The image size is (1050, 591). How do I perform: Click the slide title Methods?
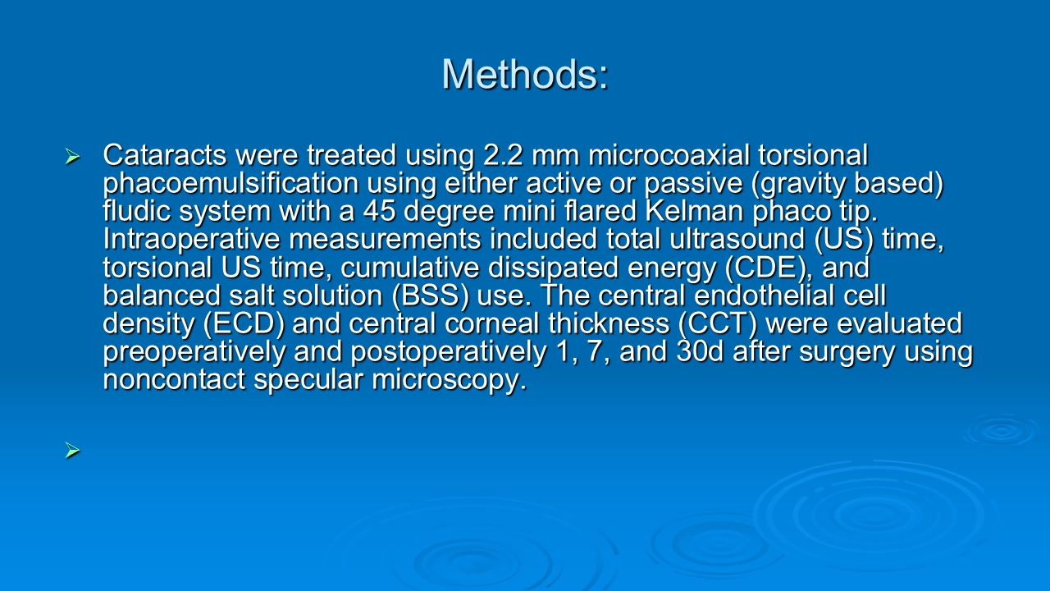[524, 74]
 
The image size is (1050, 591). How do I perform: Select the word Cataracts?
[165, 155]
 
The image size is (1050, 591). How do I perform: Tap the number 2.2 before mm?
[503, 155]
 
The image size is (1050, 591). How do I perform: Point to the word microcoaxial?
[669, 155]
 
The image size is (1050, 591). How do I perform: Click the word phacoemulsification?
[231, 184]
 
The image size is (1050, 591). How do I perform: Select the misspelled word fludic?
[136, 211]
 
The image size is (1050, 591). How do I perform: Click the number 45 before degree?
[379, 211]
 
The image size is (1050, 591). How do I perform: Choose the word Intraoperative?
[191, 239]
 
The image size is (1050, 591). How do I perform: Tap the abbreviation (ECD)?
[244, 324]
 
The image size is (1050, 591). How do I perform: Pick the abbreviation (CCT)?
[717, 324]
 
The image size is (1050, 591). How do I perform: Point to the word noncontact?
[174, 380]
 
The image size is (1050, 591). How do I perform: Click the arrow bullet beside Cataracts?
[73, 156]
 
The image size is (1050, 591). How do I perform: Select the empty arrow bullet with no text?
[73, 451]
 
